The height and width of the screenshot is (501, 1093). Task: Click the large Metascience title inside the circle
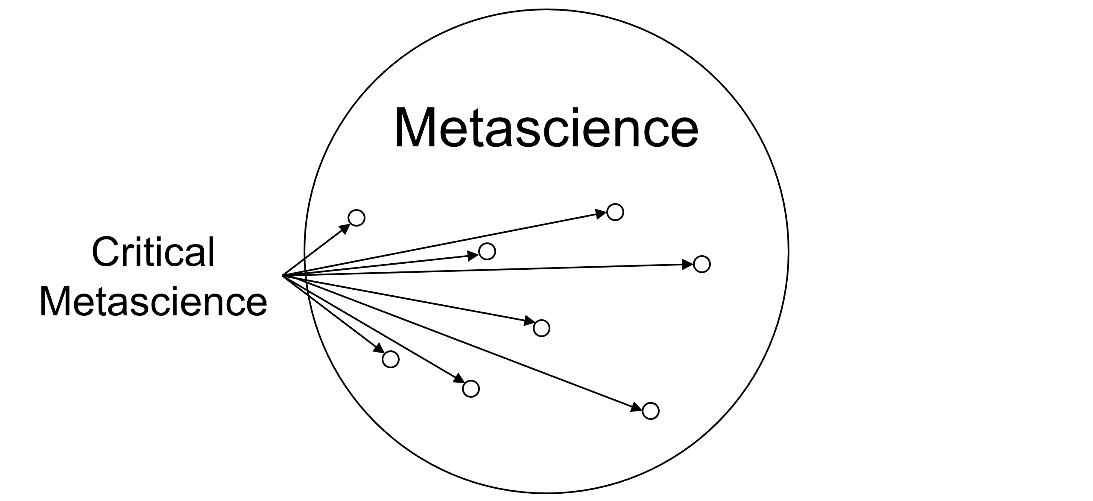tap(546, 128)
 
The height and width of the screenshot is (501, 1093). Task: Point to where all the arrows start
tap(283, 276)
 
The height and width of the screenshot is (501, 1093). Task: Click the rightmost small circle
tap(701, 264)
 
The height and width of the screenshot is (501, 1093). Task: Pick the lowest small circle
tap(650, 411)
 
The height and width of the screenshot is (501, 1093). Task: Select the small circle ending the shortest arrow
tap(357, 218)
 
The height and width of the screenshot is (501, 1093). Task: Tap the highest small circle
tap(615, 212)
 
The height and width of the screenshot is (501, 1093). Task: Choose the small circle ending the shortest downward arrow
tap(390, 359)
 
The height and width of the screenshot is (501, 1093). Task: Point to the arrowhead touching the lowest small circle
tap(637, 407)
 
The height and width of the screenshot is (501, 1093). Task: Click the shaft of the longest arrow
tap(491, 270)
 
